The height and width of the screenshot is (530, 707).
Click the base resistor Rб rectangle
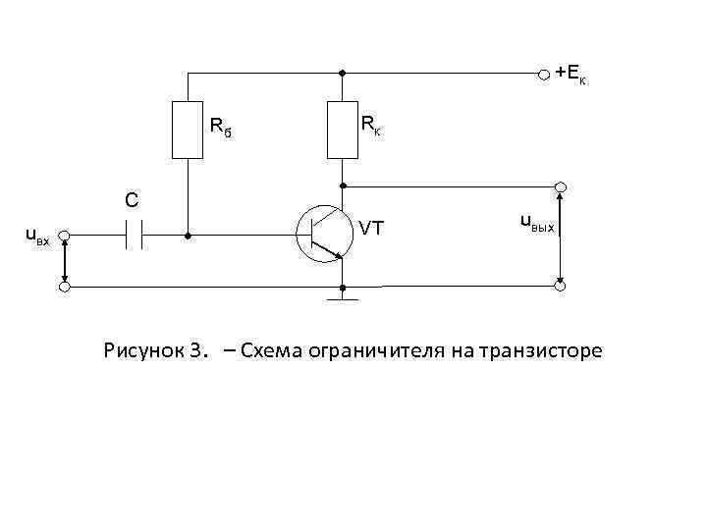[187, 129]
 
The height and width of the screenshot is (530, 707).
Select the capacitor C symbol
[135, 236]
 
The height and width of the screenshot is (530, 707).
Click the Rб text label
[220, 127]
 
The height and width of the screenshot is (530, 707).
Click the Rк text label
[371, 125]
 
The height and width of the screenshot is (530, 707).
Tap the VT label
[371, 229]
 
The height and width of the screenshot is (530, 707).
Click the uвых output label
[537, 223]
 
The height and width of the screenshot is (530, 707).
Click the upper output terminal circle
[560, 186]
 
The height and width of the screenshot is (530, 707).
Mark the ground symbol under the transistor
[342, 296]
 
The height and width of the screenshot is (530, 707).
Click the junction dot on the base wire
[187, 237]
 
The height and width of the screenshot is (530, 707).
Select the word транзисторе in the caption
[543, 350]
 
